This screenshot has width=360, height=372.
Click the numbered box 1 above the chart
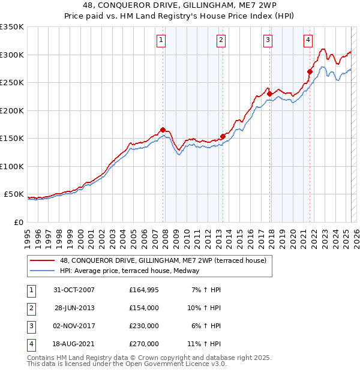(x=162, y=40)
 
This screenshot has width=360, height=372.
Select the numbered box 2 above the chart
(x=221, y=40)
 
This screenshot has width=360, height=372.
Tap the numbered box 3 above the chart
(x=268, y=40)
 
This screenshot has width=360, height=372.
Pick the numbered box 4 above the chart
(x=308, y=40)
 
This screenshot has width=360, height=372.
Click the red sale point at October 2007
(x=163, y=130)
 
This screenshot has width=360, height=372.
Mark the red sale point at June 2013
(x=223, y=136)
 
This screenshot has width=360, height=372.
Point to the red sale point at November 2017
(x=269, y=94)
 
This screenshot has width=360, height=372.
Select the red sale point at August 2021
(x=310, y=71)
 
